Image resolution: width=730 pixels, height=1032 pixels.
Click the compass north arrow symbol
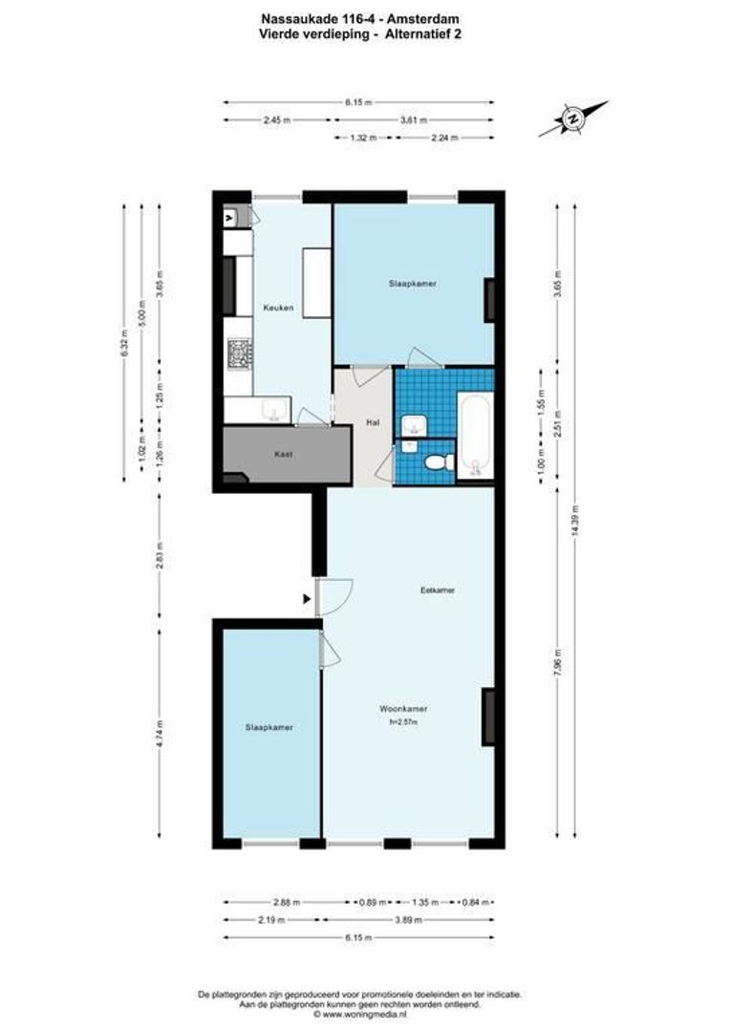[x=573, y=119]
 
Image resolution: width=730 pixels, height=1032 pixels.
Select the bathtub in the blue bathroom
[x=476, y=435]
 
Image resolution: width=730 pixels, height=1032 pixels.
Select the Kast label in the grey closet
[x=282, y=454]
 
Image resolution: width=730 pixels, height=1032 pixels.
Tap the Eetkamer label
[x=437, y=591]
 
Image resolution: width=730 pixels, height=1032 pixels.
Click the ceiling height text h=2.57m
[x=403, y=722]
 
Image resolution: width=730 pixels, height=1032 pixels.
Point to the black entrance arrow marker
[x=306, y=599]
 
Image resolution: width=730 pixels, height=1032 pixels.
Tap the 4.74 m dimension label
[x=160, y=736]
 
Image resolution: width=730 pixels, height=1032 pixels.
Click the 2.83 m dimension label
[x=160, y=557]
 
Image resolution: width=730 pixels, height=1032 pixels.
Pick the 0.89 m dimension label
[x=372, y=901]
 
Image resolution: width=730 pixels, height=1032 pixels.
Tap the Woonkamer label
[x=402, y=709]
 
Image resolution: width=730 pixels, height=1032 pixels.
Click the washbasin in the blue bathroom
[x=414, y=424]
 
